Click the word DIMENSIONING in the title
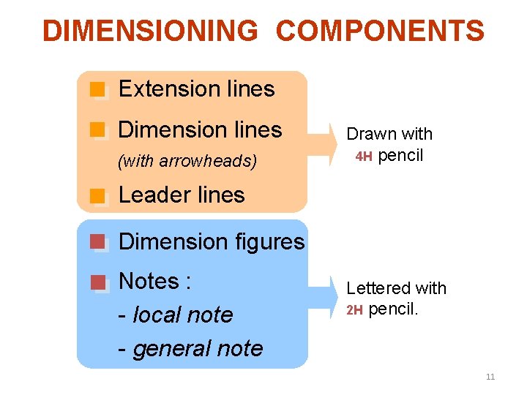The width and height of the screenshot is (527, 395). click(150, 31)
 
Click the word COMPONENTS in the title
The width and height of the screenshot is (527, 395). click(380, 31)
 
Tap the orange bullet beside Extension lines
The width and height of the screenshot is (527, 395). click(97, 90)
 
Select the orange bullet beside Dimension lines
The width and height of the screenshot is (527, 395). click(97, 130)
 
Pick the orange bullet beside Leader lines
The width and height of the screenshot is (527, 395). click(97, 195)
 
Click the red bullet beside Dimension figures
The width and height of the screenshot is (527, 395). click(97, 242)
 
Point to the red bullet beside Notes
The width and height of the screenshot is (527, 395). click(97, 282)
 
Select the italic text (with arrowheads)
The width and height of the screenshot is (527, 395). click(187, 161)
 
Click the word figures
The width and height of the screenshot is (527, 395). click(266, 241)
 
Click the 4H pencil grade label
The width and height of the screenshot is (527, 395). click(364, 157)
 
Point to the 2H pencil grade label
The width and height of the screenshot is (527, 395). click(354, 310)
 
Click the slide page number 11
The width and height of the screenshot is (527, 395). click(490, 377)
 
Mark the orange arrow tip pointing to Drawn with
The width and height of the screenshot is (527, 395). click(339, 146)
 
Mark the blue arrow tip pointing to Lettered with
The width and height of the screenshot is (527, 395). click(339, 299)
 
